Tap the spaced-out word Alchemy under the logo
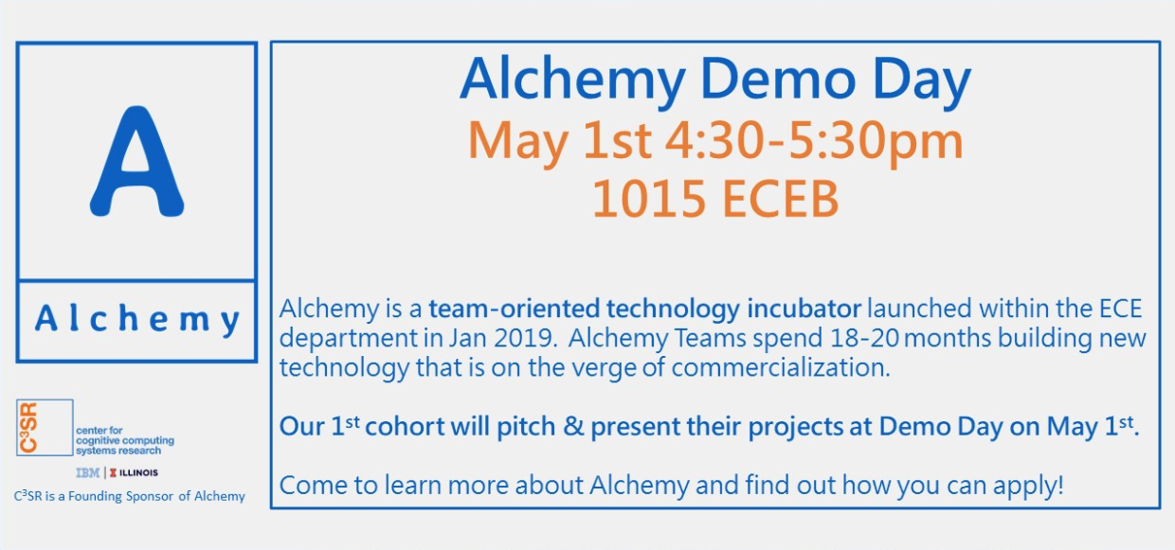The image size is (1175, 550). pyautogui.click(x=137, y=320)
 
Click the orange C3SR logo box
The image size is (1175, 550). pyautogui.click(x=45, y=428)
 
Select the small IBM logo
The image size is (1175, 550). pyautogui.click(x=87, y=473)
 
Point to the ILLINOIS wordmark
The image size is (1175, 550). pyautogui.click(x=138, y=473)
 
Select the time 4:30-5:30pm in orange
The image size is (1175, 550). pyautogui.click(x=814, y=140)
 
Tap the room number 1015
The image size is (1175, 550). pyautogui.click(x=648, y=199)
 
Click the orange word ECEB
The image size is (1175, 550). pyautogui.click(x=780, y=199)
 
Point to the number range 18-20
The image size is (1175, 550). pyautogui.click(x=864, y=338)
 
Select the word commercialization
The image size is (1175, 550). pyautogui.click(x=781, y=367)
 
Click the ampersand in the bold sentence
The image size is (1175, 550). pyautogui.click(x=572, y=426)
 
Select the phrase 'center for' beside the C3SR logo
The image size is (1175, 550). pyautogui.click(x=99, y=431)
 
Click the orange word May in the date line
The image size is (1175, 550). pyautogui.click(x=517, y=141)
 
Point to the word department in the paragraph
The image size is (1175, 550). pyautogui.click(x=348, y=339)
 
